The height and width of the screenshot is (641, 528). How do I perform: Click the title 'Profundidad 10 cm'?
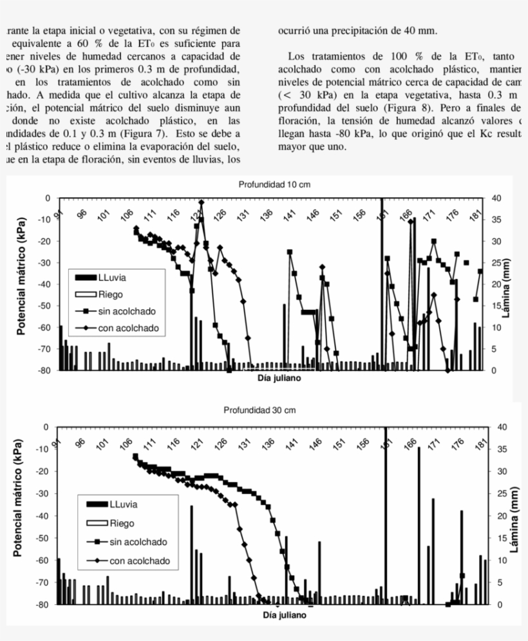click(x=274, y=184)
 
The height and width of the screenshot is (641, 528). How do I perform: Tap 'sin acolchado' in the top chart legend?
click(x=126, y=311)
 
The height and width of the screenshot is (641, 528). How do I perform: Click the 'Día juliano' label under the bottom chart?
click(x=284, y=615)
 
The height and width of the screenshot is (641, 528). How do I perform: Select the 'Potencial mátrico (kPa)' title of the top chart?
click(x=21, y=284)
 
